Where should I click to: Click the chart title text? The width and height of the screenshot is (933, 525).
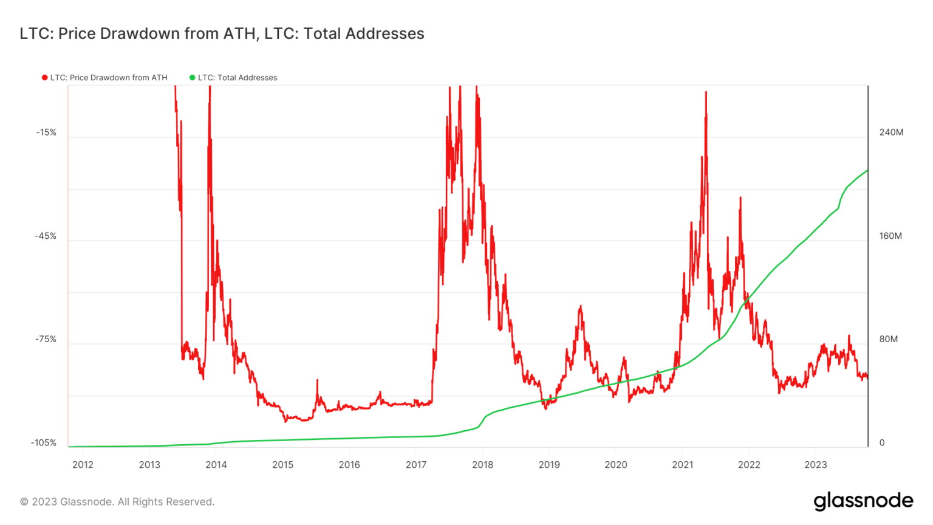pos(222,33)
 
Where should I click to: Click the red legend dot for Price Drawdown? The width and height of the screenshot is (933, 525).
pos(44,78)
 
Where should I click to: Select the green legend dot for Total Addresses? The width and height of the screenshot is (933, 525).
pos(192,78)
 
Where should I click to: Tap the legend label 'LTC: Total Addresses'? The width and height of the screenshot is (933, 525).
pos(238,78)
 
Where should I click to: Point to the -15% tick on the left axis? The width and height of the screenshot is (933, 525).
pos(46,132)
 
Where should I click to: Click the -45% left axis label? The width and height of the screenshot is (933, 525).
pos(46,236)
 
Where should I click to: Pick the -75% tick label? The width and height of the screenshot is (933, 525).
pos(46,339)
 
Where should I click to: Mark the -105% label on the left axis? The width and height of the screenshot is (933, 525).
pos(44,443)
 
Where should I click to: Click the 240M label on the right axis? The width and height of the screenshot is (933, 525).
pos(891,132)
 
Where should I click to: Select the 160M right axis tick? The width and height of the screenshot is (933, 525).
pos(890,236)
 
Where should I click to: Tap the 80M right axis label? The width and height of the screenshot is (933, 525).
pos(889,339)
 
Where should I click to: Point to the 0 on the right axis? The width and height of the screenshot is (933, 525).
pos(882,443)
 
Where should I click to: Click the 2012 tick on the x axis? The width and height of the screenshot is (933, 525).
pos(83,465)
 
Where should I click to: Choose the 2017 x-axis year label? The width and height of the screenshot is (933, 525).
pos(416,465)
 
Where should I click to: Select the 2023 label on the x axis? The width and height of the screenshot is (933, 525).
pos(815,465)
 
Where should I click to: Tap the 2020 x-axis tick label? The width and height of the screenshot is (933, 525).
pos(616,465)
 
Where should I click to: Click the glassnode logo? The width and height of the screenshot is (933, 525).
pos(863,501)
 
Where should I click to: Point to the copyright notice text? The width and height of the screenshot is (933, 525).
pos(117,502)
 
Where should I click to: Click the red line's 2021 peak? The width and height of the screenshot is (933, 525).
pos(706,92)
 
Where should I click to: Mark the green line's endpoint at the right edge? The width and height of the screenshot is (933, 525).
pos(867,170)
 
